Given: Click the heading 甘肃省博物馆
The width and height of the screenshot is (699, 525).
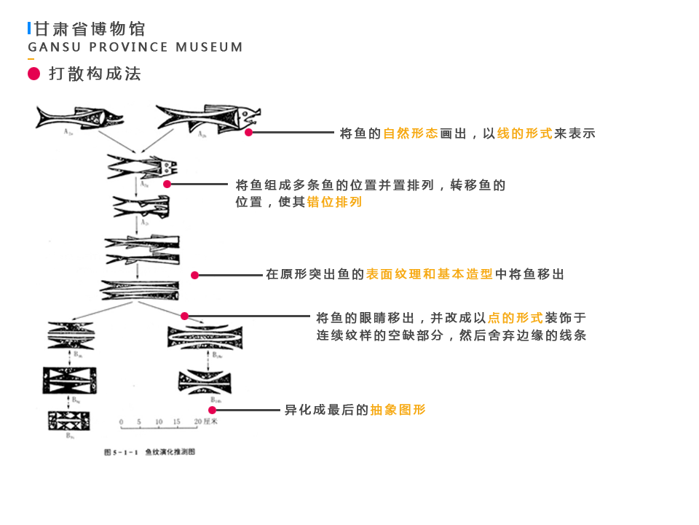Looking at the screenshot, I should click(90, 29).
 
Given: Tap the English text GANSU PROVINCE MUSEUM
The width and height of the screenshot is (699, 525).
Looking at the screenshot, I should click(135, 47).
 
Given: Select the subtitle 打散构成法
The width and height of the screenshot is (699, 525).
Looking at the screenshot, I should click(95, 74).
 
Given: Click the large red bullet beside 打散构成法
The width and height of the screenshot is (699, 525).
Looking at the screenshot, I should click(33, 74).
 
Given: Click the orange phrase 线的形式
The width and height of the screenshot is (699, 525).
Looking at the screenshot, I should click(525, 133).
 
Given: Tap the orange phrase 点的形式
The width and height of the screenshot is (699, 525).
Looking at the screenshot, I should click(516, 318).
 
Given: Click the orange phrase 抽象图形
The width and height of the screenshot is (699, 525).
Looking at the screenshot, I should click(398, 410).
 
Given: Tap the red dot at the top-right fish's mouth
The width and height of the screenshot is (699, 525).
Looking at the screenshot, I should click(249, 133).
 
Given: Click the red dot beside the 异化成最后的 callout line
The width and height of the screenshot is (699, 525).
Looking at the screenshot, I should click(212, 410).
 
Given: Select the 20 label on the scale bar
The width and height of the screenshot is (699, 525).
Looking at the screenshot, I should click(197, 422).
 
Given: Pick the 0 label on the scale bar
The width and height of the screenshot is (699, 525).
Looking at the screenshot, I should click(122, 422).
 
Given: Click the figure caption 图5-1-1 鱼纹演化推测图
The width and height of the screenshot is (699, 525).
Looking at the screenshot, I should click(149, 452).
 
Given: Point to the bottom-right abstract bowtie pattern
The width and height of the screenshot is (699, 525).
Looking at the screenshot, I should click(204, 381).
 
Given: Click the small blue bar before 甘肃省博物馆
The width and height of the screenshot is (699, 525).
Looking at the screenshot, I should click(29, 28).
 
